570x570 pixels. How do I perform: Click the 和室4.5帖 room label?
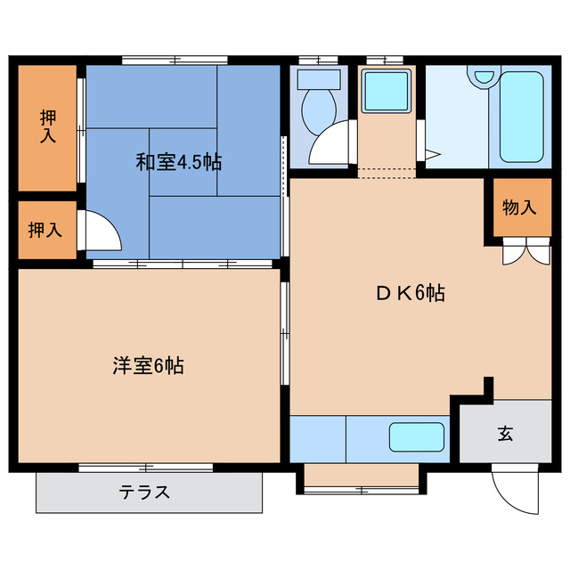(x=178, y=162)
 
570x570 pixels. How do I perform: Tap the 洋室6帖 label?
(x=148, y=364)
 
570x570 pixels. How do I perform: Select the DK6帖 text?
(x=410, y=293)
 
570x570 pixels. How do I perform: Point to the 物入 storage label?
(x=519, y=208)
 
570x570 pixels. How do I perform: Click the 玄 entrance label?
(x=505, y=434)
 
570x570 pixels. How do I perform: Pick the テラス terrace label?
(x=143, y=492)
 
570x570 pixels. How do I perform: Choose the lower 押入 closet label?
(x=45, y=230)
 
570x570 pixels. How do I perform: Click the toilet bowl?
(x=317, y=106)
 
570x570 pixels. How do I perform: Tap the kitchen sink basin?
(x=417, y=436)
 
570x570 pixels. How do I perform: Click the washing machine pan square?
(x=385, y=90)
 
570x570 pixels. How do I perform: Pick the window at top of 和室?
(x=175, y=60)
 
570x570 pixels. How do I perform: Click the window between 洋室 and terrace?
(x=145, y=467)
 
